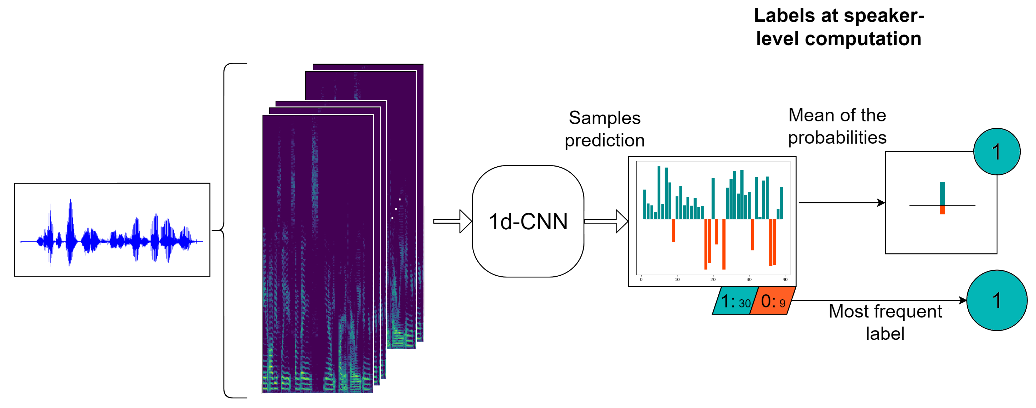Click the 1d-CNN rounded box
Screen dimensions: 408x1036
click(528, 221)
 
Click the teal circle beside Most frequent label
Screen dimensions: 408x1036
click(996, 300)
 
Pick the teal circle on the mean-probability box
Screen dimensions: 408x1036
click(996, 152)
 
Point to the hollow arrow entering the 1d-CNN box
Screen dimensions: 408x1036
click(452, 221)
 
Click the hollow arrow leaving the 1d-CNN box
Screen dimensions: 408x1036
click(606, 221)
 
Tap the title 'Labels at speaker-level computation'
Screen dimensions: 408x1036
click(839, 27)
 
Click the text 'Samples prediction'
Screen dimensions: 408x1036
click(604, 129)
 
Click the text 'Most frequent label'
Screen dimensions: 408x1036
click(885, 322)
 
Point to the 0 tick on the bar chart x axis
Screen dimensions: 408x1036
click(641, 279)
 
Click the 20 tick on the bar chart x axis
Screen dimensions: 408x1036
click(713, 279)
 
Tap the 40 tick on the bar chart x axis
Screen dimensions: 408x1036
click(785, 279)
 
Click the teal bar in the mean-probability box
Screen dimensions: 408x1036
click(942, 193)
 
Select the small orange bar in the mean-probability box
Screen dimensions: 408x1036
click(942, 210)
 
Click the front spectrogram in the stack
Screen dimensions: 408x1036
click(318, 253)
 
